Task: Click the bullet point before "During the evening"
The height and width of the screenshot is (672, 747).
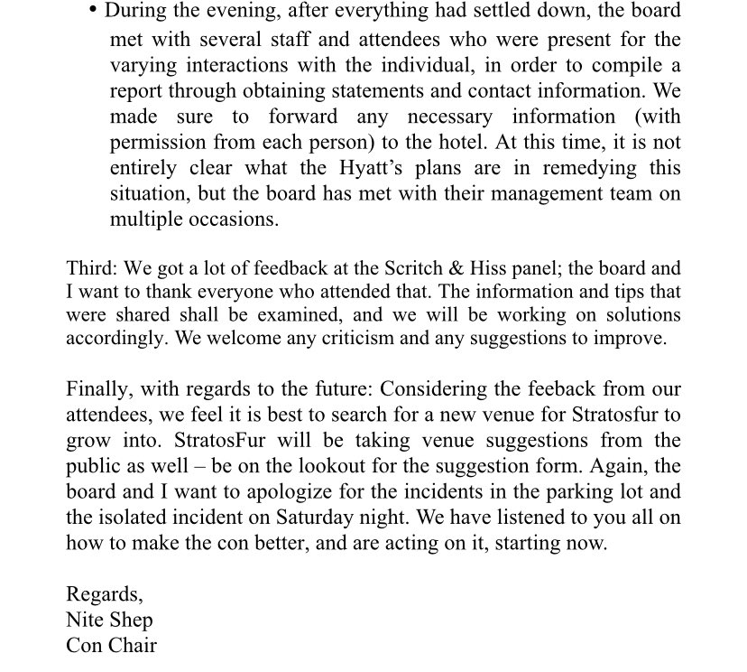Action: pyautogui.click(x=95, y=11)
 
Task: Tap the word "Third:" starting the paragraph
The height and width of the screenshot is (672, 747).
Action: pyautogui.click(x=93, y=269)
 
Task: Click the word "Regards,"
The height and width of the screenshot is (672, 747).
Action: pyautogui.click(x=104, y=594)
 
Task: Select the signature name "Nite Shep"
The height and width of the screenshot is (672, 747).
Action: pyautogui.click(x=109, y=621)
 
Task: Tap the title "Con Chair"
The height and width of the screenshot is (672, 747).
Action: pyautogui.click(x=111, y=646)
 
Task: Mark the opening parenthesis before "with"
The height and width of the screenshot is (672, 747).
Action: pyautogui.click(x=570, y=117)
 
